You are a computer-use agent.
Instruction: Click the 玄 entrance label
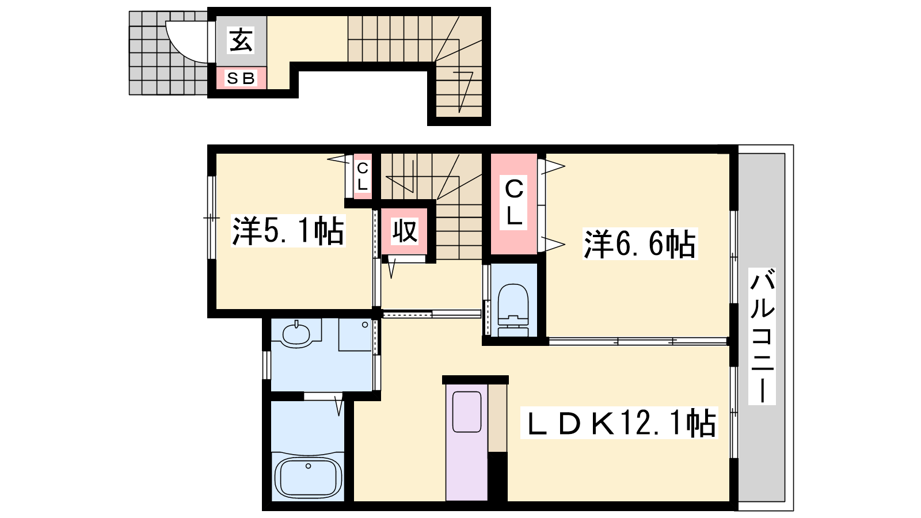[241, 40]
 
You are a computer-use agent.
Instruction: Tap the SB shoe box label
[241, 78]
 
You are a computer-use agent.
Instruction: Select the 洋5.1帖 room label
[288, 231]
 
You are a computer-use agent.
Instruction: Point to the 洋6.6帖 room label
[640, 244]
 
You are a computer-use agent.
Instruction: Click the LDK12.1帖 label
[619, 422]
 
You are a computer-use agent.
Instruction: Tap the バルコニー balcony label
[762, 336]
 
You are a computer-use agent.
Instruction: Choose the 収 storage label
[405, 231]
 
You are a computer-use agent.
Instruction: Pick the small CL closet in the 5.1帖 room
[362, 176]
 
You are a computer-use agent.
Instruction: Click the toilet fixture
[513, 309]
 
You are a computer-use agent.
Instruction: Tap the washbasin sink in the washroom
[296, 334]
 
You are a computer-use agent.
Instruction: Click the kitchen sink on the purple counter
[467, 412]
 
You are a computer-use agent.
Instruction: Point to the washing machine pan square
[355, 334]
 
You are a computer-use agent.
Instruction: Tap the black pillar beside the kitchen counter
[497, 477]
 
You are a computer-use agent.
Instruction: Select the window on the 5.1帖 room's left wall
[211, 218]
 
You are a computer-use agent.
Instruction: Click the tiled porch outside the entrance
[168, 53]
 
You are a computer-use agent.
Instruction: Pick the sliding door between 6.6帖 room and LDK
[638, 341]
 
